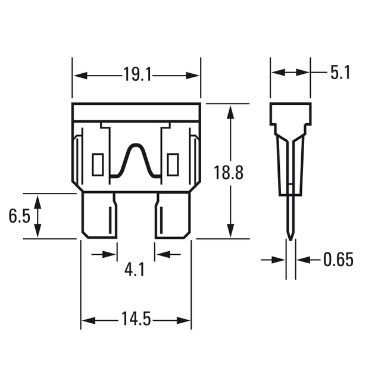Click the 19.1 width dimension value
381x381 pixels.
[138, 74]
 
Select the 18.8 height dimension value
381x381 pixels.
[228, 173]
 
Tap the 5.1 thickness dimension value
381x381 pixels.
[340, 73]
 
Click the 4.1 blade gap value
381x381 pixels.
[135, 270]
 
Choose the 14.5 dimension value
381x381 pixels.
[136, 318]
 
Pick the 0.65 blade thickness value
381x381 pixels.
[338, 260]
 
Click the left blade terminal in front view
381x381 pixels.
[99, 216]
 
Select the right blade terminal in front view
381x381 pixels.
[173, 216]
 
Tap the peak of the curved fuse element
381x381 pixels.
[135, 145]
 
